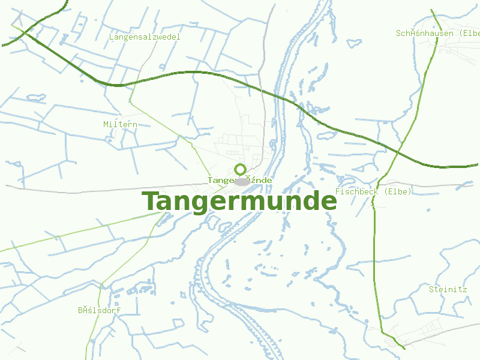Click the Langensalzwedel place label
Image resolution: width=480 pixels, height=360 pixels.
point(145,37)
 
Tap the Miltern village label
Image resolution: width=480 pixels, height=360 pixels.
point(120,124)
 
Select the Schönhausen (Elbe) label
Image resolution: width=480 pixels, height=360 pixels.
point(437,33)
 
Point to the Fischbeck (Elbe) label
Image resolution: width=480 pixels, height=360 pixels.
point(373,191)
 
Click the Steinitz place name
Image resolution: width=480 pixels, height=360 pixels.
point(448,289)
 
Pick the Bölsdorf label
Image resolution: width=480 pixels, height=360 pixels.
point(100,310)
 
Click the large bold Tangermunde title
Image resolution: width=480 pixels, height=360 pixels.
point(239,202)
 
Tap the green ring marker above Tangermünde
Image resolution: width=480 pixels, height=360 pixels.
point(240,169)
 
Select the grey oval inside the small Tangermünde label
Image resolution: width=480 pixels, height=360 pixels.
point(241,181)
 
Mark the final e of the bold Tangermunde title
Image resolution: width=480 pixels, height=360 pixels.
point(327,202)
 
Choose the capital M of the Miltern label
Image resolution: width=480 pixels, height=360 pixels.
point(106,124)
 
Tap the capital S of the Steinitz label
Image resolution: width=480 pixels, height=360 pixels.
point(431,289)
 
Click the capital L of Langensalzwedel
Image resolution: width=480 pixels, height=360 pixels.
point(112,37)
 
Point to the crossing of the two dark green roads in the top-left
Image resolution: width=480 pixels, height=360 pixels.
point(25,32)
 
